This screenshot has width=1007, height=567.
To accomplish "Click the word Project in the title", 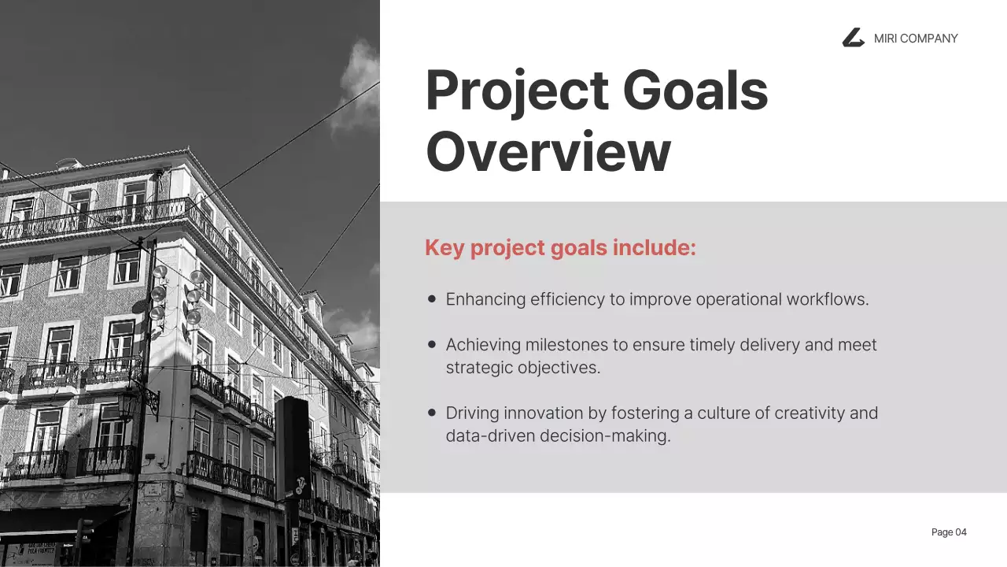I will [x=517, y=91].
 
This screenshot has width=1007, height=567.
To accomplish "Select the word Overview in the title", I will [x=548, y=151].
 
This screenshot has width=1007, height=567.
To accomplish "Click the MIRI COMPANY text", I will [x=916, y=39].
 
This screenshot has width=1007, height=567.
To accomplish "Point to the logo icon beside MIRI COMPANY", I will [x=853, y=38].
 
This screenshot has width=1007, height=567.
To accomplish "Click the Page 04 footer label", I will [x=949, y=532].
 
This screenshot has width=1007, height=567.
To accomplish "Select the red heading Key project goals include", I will [x=560, y=248].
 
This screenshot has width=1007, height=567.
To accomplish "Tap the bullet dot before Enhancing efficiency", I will [x=432, y=299].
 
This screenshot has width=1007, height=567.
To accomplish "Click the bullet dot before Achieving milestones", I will [x=432, y=344].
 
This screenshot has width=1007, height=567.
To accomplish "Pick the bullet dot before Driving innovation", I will [x=432, y=412].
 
